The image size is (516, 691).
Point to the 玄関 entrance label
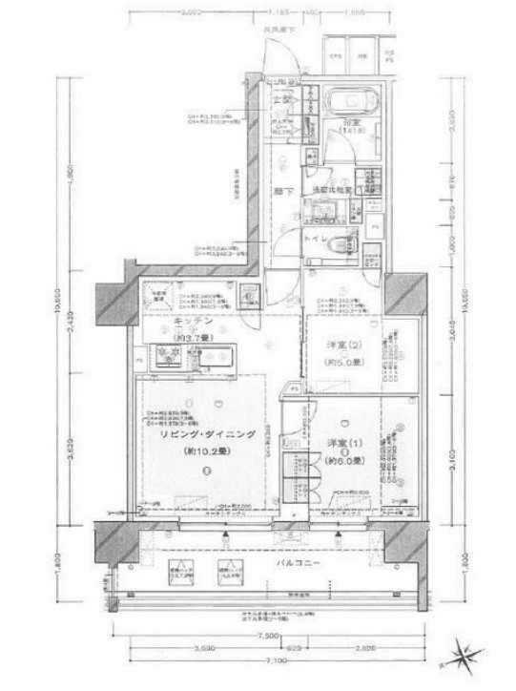(x=282, y=99)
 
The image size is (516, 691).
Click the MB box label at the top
(x=363, y=56)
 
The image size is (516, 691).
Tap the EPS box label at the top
(x=337, y=56)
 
